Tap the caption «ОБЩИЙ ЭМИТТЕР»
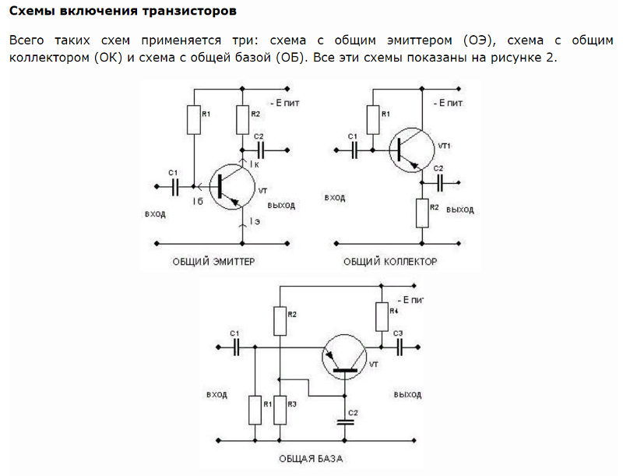tap(213, 262)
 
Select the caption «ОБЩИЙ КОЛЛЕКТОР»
tap(390, 262)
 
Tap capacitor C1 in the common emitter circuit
tap(175, 186)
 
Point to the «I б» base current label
tap(198, 202)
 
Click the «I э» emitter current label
tap(255, 222)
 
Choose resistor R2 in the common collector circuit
tap(422, 212)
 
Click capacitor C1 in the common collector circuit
tap(354, 147)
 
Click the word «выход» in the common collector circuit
tap(461, 210)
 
